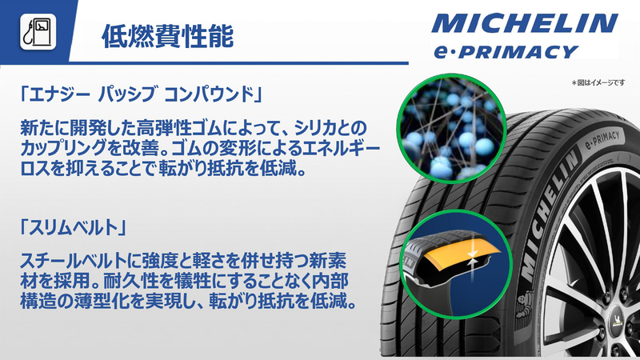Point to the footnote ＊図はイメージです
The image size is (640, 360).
coord(601,83)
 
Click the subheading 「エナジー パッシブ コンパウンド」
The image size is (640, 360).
coord(141,95)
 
